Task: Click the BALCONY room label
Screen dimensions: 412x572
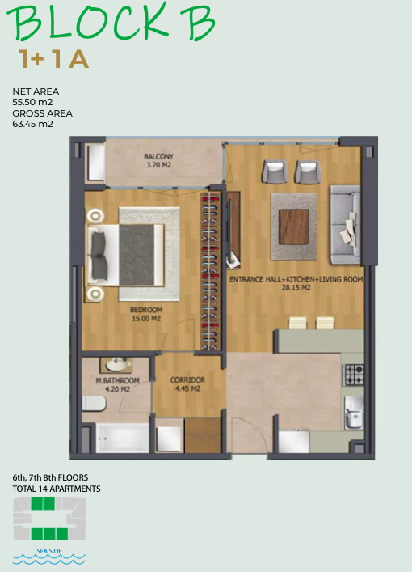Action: (158, 156)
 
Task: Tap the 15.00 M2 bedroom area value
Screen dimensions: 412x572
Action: (146, 319)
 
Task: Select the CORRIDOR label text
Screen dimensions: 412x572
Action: (187, 380)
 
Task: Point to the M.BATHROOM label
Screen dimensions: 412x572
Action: (117, 380)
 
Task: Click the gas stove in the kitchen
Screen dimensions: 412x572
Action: (353, 375)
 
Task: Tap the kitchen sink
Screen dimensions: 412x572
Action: (353, 413)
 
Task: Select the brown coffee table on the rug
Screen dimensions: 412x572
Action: (294, 227)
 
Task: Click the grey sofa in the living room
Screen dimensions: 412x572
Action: (345, 225)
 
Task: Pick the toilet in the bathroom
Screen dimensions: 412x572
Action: (94, 404)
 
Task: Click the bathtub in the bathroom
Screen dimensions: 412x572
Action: (123, 438)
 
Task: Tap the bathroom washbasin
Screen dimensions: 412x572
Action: (116, 364)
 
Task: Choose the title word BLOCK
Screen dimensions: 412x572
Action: (89, 23)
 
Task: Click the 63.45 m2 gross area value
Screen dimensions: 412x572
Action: (33, 124)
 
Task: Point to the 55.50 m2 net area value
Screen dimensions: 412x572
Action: (33, 102)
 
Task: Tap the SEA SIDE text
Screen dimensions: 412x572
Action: (49, 551)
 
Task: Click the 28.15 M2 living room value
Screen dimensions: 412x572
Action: (296, 287)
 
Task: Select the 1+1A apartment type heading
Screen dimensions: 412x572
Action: (54, 59)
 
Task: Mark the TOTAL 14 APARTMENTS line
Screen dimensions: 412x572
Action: (57, 489)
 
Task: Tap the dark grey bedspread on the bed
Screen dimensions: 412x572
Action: (137, 255)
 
